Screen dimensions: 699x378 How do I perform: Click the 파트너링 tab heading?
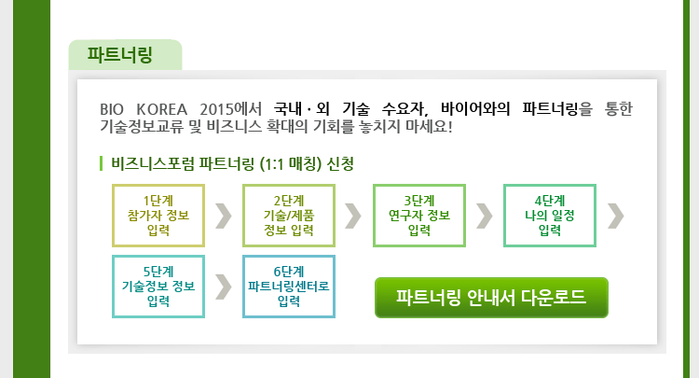point(120,54)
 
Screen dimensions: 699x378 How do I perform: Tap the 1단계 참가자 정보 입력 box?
point(158,216)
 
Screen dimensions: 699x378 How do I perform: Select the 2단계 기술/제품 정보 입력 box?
point(289,216)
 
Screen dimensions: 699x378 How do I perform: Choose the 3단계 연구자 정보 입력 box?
point(419,216)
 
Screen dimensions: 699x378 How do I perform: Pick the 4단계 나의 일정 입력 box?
point(550,216)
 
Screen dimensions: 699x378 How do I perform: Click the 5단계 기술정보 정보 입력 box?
point(158,287)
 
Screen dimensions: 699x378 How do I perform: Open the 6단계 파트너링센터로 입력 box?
point(289,287)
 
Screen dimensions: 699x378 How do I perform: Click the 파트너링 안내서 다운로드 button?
point(491,298)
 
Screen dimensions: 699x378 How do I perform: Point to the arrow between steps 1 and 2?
point(224,216)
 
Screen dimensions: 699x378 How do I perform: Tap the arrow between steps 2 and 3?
point(353,216)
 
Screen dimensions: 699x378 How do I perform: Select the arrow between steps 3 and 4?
point(485,216)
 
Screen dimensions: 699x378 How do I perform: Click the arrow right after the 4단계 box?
point(616,216)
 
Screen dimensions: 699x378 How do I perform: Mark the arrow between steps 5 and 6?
point(224,287)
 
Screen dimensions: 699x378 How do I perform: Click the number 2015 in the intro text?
point(216,109)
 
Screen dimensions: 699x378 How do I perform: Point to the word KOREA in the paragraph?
point(162,109)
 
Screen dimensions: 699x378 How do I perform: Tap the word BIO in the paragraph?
point(112,109)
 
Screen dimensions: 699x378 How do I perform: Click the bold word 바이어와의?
point(475,109)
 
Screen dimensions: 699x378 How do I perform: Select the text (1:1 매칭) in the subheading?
point(290,164)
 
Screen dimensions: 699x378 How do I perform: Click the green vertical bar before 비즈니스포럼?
point(102,163)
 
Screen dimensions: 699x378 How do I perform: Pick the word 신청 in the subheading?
point(340,163)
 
